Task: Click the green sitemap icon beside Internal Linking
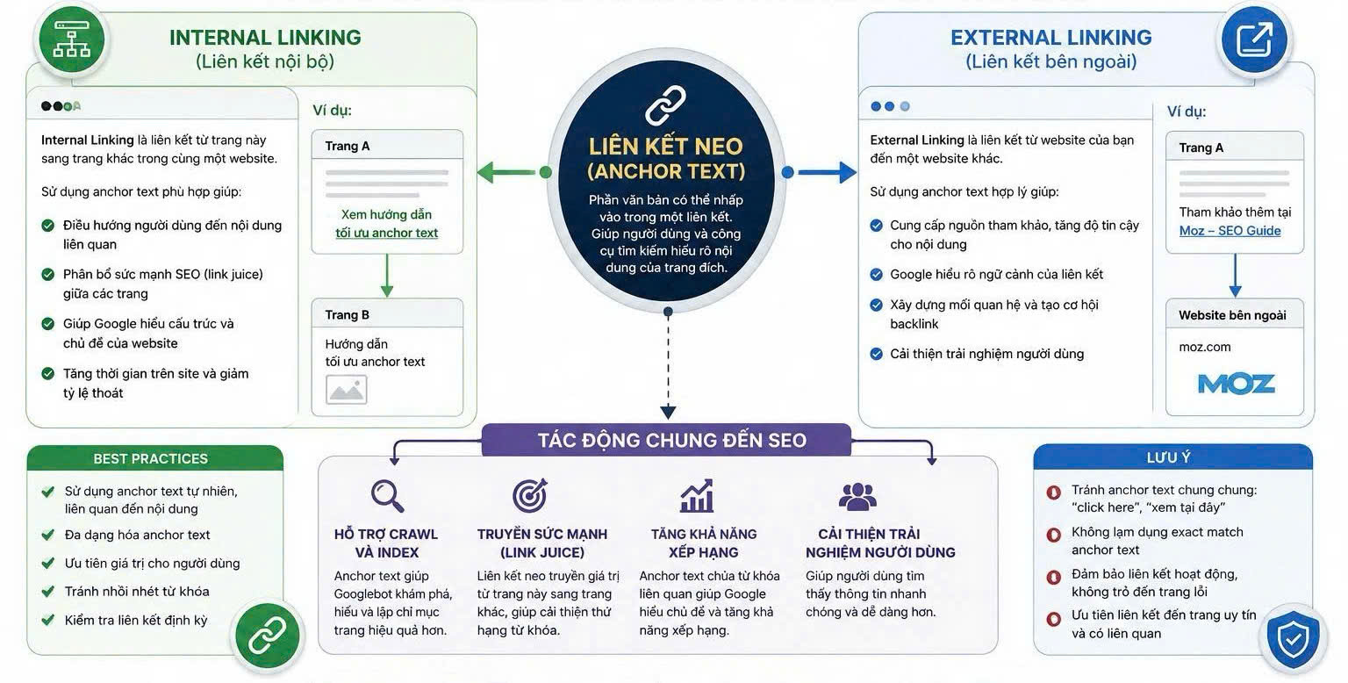tap(72, 40)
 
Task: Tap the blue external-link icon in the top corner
tap(1255, 40)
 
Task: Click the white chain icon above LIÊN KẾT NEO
tap(665, 105)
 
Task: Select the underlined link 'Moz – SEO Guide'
tap(1230, 231)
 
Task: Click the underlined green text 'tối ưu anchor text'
tap(386, 233)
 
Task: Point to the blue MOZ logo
tap(1236, 384)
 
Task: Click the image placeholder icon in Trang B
tap(346, 389)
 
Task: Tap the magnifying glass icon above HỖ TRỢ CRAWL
tap(387, 496)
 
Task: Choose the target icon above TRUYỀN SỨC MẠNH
tap(530, 495)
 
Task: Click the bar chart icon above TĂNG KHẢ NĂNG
tap(697, 496)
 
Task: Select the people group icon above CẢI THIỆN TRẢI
tap(857, 496)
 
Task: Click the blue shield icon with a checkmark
tap(1293, 640)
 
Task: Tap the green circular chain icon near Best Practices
tap(267, 636)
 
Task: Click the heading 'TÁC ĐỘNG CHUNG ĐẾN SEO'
tap(671, 441)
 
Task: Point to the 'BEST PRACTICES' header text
tap(150, 458)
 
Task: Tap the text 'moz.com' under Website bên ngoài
tap(1205, 347)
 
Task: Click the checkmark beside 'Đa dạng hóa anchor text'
tap(48, 535)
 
